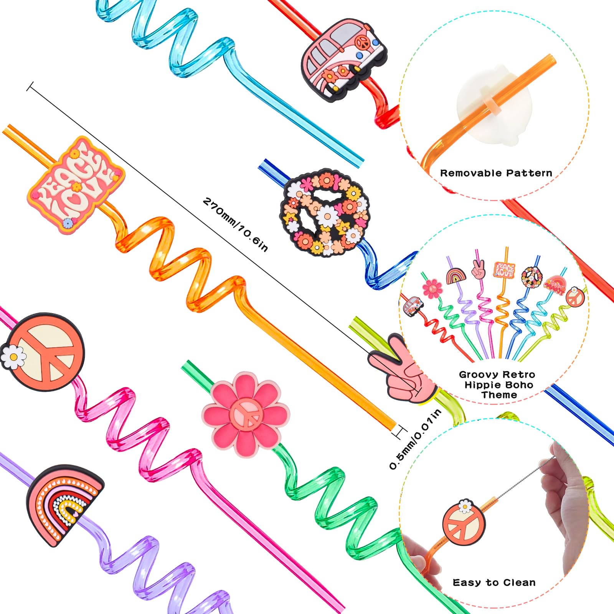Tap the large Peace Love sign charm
(76, 185)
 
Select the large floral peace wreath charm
(326, 213)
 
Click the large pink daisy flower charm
(246, 414)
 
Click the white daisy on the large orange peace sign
(13, 357)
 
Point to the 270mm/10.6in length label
(235, 224)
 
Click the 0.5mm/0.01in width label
(415, 439)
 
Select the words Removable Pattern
(496, 173)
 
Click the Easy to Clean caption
(494, 583)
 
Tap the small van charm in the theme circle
(413, 306)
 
